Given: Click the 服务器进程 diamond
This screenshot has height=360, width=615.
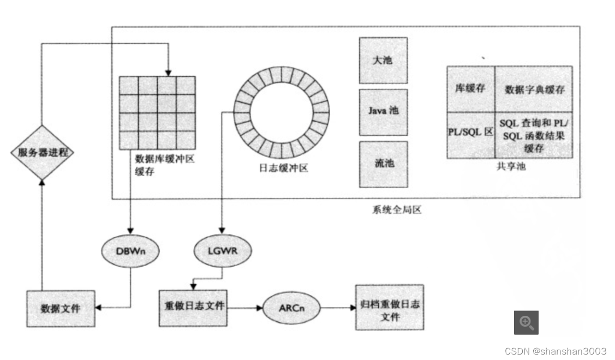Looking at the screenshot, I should (x=43, y=152).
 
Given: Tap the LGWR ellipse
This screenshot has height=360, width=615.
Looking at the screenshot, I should (x=223, y=251).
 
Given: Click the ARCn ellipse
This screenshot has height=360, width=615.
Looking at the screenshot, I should (x=290, y=309).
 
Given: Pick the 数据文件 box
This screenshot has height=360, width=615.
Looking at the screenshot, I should (x=61, y=308).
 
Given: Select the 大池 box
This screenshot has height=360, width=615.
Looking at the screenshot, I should (x=383, y=60).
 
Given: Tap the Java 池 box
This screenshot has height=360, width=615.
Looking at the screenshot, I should (x=383, y=112).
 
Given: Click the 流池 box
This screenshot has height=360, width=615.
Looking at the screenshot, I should (x=383, y=164).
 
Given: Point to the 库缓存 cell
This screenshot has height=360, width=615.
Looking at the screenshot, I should (x=470, y=89).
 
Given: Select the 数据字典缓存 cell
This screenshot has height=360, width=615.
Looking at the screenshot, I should (x=534, y=89).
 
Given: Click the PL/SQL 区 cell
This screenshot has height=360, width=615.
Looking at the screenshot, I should (x=470, y=134).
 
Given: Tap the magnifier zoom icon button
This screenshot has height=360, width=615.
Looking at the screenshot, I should (x=526, y=322).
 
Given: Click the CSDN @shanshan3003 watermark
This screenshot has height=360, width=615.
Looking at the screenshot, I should (x=555, y=351).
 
